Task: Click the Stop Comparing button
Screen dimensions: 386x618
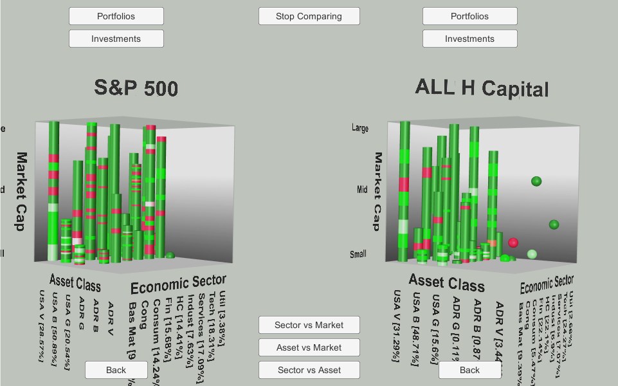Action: click(309, 16)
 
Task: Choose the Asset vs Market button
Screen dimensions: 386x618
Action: click(309, 347)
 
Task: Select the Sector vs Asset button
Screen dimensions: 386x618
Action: click(309, 370)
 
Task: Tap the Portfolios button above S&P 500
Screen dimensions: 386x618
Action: click(116, 16)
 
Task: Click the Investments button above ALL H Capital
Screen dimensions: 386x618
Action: click(469, 39)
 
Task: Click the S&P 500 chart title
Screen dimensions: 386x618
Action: click(136, 87)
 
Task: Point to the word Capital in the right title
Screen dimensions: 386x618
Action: click(515, 89)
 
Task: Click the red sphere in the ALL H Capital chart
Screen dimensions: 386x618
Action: click(513, 243)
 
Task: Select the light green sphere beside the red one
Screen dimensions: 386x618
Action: click(532, 254)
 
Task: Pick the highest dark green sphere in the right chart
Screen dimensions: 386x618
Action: click(536, 181)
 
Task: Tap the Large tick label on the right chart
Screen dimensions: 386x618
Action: click(360, 128)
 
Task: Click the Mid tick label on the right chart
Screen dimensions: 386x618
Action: click(361, 190)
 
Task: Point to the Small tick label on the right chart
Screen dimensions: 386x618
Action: click(358, 254)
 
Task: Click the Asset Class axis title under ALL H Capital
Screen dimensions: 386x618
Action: click(447, 283)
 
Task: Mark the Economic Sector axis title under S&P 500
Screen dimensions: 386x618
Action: click(178, 283)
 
